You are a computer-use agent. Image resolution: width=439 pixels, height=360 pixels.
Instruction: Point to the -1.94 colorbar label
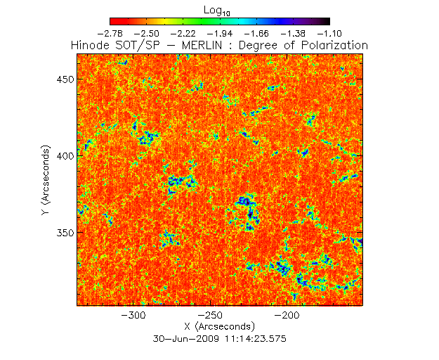221,33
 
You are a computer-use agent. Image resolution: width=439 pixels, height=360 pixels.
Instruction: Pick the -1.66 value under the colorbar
257,33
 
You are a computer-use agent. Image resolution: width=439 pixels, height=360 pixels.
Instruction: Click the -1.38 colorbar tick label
294,33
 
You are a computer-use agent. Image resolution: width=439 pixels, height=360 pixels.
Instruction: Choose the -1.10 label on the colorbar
329,33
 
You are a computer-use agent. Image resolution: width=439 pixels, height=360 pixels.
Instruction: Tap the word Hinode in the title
91,45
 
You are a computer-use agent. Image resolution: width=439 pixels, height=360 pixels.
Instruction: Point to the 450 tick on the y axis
65,79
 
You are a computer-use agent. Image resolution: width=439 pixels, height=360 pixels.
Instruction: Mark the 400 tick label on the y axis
65,156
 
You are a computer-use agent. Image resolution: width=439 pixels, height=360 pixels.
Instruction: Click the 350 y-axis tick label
65,233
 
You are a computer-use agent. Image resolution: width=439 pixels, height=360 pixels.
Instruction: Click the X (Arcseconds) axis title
219,327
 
